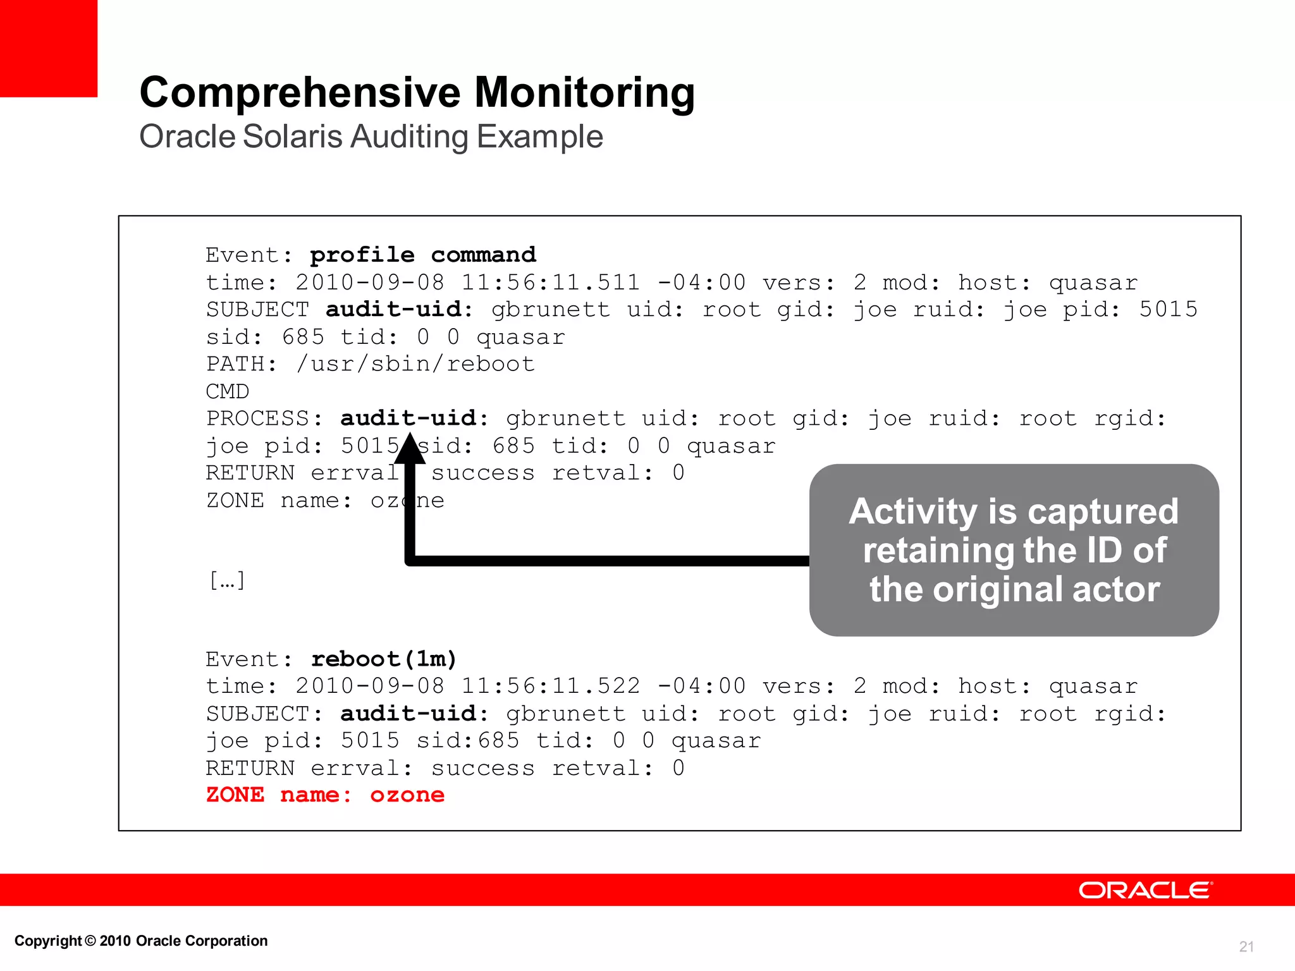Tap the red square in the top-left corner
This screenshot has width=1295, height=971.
point(48,48)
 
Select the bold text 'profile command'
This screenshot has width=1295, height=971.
point(422,255)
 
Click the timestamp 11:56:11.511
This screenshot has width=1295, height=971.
point(550,282)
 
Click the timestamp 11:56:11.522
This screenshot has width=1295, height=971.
point(550,686)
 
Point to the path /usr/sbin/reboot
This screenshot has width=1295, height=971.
point(415,364)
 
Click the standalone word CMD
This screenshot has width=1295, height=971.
point(228,391)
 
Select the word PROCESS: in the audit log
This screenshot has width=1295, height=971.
point(264,418)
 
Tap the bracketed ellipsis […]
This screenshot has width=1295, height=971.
point(227,580)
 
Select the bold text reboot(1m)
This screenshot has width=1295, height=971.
point(384,659)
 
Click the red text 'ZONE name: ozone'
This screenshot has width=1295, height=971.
point(325,795)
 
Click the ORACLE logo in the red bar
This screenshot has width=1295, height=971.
point(1145,890)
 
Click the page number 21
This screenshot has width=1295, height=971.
point(1246,946)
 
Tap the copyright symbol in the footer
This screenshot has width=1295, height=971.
point(90,941)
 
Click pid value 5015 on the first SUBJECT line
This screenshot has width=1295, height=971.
point(1168,309)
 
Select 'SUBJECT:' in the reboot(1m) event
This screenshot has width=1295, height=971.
point(264,714)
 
